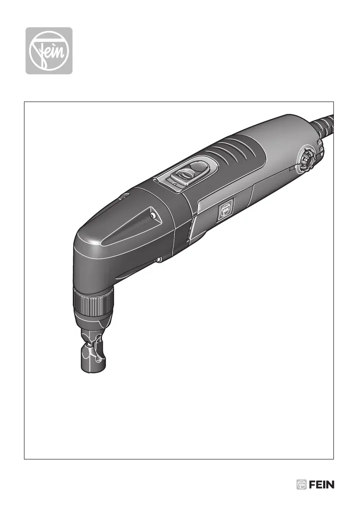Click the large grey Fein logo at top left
coord(49,51)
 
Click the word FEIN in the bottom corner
coord(321,485)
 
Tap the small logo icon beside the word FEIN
coord(302,485)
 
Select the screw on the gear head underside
coord(158,259)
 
